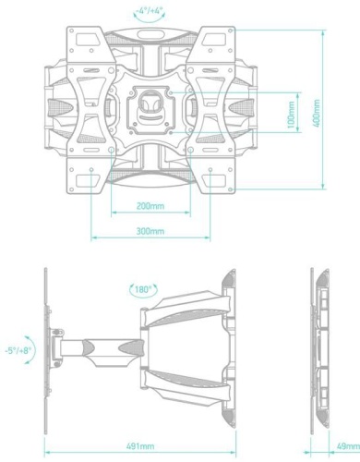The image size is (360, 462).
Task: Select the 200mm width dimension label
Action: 148,207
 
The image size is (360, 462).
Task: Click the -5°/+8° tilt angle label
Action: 18,351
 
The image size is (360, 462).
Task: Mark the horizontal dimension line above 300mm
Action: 148,239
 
